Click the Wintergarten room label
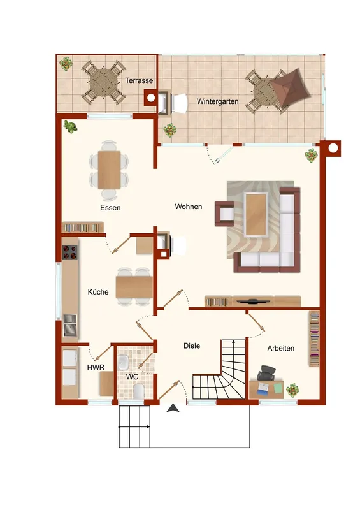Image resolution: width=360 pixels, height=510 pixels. tap(217, 101)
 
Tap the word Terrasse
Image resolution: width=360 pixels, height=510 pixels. tap(139, 80)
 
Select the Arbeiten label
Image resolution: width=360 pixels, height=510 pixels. tap(280, 348)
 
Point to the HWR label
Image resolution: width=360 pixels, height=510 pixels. tap(96, 368)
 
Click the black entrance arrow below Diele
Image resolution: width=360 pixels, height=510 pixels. tap(173, 408)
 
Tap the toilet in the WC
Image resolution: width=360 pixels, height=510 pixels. tap(138, 391)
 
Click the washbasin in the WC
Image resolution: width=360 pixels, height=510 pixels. tap(123, 363)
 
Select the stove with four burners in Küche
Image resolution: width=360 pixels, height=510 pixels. tap(70, 252)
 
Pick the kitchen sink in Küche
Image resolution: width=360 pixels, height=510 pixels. tap(70, 324)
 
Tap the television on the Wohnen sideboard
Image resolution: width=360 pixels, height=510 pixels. tap(254, 301)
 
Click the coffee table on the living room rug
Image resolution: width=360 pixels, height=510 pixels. tap(256, 214)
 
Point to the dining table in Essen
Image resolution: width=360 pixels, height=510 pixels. tap(109, 170)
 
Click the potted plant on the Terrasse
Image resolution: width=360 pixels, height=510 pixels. tap(66, 63)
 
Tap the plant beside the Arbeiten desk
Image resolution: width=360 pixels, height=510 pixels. tap(292, 390)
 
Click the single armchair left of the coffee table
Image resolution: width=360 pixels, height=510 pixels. tap(224, 214)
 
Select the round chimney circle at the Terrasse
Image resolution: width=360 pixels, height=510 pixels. tap(151, 98)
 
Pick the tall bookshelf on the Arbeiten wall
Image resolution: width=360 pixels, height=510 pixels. tap(314, 339)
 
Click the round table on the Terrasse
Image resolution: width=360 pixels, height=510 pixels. tap(103, 82)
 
